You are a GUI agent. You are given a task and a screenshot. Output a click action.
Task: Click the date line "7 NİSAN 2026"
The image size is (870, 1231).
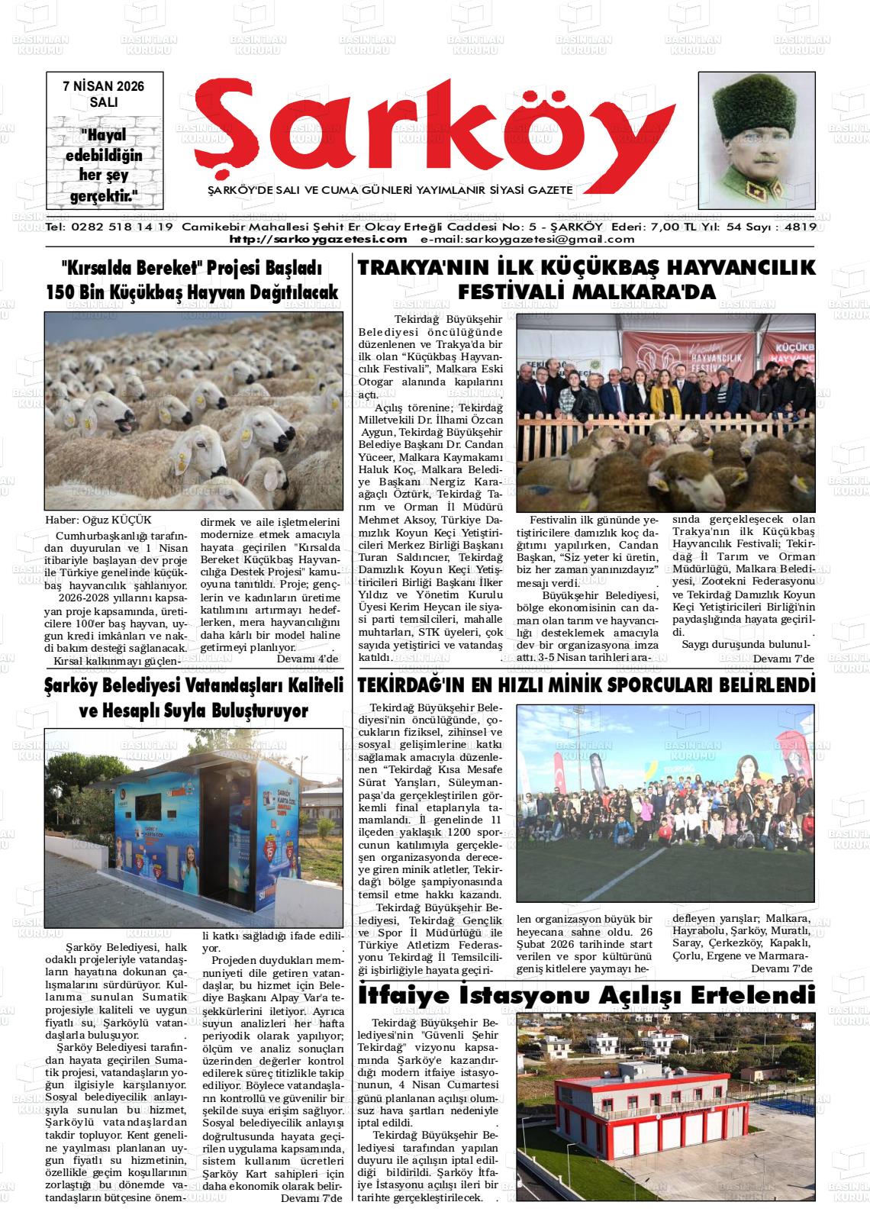click(x=103, y=87)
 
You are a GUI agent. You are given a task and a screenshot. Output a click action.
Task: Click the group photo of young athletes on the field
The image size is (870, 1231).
click(x=665, y=801)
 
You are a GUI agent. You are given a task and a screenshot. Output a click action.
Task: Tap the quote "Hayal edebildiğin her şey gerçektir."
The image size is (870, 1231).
click(x=103, y=165)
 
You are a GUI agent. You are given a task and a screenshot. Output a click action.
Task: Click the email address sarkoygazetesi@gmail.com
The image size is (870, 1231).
click(x=527, y=239)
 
